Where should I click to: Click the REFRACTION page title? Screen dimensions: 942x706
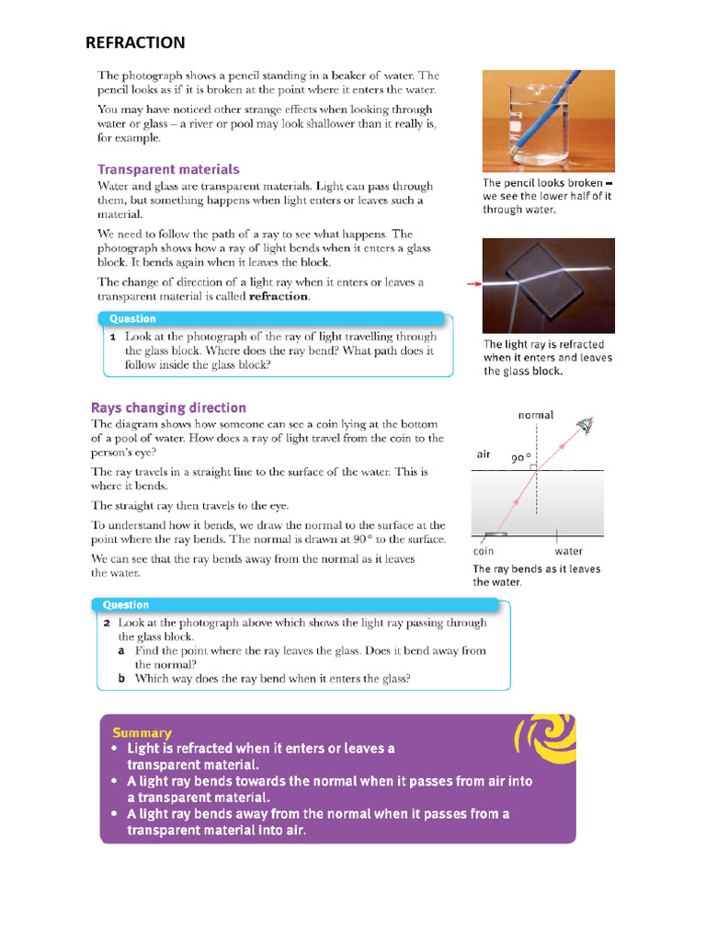pos(135,42)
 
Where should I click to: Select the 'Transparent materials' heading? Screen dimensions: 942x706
pos(168,169)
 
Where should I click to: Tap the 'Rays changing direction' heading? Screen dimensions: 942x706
pos(168,408)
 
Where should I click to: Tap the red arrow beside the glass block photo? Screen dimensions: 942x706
pos(474,284)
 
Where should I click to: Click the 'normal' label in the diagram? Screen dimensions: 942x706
pos(536,415)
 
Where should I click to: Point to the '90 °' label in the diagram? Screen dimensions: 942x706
pos(521,457)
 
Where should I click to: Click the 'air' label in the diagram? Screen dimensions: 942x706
pos(484,454)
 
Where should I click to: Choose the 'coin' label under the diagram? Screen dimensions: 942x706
pos(484,551)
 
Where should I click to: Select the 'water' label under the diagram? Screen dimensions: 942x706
pos(568,551)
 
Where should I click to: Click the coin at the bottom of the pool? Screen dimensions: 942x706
pos(495,534)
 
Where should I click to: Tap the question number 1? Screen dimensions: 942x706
pos(112,338)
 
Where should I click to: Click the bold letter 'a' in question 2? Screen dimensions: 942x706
pos(121,650)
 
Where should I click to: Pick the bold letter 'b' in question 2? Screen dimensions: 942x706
pos(121,678)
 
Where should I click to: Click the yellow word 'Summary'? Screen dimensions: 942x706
pos(142,732)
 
